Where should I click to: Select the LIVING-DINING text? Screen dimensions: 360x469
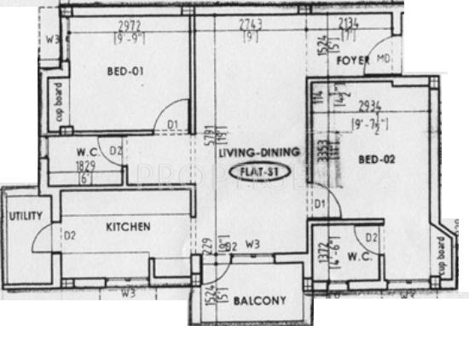258,152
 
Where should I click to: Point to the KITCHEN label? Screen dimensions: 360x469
128,227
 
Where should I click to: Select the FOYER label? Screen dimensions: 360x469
351,63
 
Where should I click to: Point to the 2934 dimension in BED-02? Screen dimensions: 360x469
369,106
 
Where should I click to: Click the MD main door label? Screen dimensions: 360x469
383,59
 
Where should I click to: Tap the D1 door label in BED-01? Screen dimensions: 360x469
171,125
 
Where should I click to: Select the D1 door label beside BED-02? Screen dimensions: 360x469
321,203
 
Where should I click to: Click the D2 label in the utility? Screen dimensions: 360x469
71,235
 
